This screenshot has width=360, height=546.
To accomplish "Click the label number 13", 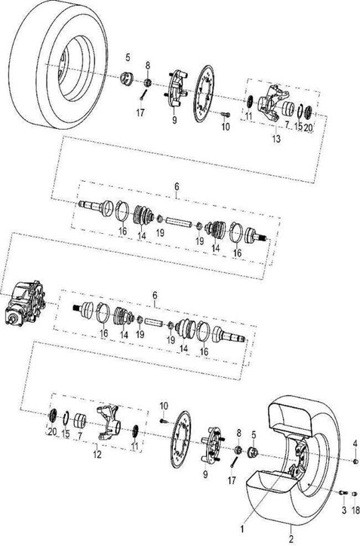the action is tap(276, 139).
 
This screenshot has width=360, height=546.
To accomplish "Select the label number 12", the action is tap(97, 454).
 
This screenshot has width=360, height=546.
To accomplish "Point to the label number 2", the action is tap(291, 539).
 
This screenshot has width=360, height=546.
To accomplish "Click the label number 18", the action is tap(355, 510).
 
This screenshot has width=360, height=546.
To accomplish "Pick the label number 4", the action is tap(355, 443).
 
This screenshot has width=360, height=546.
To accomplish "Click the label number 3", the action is tap(344, 510).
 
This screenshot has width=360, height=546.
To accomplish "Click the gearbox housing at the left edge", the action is tap(25, 302).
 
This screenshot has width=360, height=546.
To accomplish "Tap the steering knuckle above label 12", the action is tap(109, 422).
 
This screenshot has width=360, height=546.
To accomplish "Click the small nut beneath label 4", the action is tap(355, 462).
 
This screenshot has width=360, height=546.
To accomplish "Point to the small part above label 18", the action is tap(355, 493).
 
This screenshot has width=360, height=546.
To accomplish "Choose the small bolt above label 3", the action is tap(343, 492).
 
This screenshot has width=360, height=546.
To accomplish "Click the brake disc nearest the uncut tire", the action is tap(204, 94).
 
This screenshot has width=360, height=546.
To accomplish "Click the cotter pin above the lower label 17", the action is tap(233, 462).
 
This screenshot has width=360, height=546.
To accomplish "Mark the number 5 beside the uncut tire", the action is tap(128, 57).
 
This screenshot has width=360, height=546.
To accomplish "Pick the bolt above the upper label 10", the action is tap(226, 114).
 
